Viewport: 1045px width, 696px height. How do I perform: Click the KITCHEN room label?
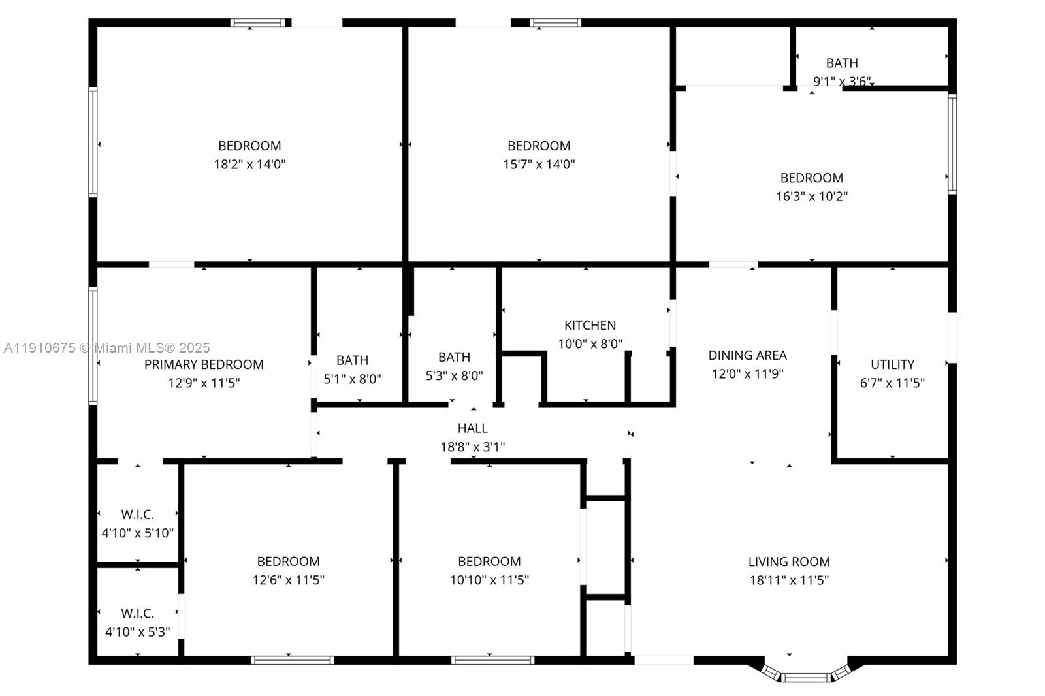[x=590, y=325]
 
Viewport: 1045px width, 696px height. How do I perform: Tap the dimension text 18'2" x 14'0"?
[x=249, y=164]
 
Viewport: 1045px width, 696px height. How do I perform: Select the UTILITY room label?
[x=892, y=364]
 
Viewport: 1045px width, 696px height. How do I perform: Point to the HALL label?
[x=472, y=428]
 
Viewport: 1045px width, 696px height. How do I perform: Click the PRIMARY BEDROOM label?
[x=204, y=364]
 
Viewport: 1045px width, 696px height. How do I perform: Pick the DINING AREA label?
[x=747, y=355]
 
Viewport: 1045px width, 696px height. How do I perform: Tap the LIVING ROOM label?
[x=789, y=562]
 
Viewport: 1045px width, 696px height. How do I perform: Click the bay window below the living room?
[x=807, y=676]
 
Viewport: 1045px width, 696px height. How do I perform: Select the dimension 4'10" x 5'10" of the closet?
[x=137, y=533]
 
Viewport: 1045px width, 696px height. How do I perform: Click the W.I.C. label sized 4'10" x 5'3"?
[x=137, y=613]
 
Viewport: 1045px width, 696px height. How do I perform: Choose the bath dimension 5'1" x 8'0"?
[x=352, y=379]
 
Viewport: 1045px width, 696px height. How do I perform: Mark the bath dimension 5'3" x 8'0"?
[x=454, y=375]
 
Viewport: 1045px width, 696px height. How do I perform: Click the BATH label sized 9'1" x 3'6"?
[x=842, y=63]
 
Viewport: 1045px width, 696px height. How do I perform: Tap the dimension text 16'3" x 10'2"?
[x=811, y=196]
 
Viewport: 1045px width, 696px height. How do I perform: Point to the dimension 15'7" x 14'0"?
[x=539, y=164]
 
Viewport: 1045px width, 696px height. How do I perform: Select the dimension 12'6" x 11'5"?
[x=288, y=580]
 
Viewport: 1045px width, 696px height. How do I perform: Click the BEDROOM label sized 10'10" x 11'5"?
[x=489, y=562]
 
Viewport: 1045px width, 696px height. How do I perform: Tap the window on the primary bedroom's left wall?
[x=93, y=346]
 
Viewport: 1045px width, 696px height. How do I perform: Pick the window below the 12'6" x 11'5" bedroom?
[x=292, y=660]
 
